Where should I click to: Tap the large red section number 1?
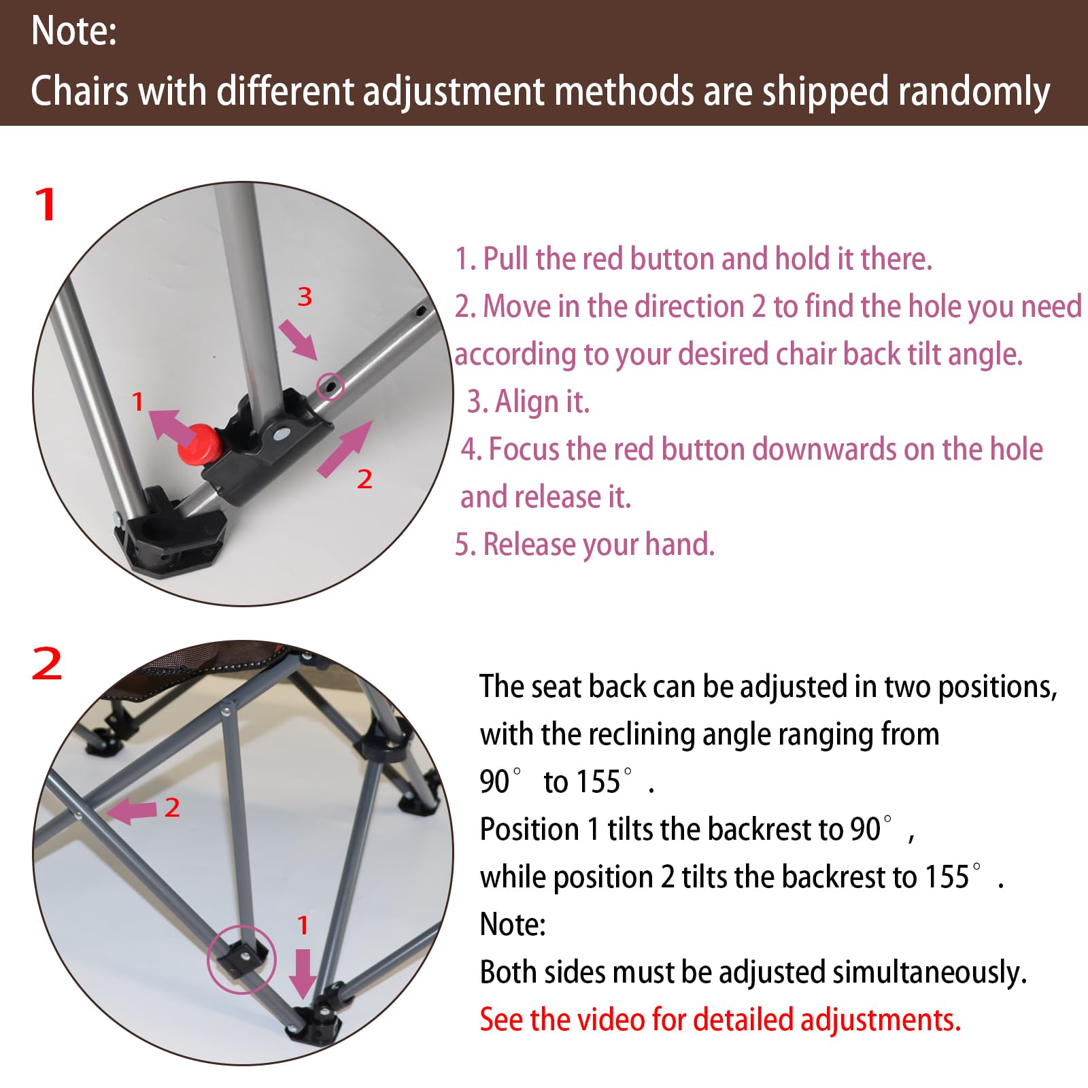tap(46, 205)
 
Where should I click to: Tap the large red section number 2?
tap(47, 664)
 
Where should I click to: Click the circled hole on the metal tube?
tap(330, 386)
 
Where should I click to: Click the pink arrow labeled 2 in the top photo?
tap(345, 448)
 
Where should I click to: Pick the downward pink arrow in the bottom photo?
tap(303, 973)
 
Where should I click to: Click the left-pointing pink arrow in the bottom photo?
tap(132, 811)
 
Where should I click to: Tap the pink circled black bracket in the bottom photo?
tap(242, 959)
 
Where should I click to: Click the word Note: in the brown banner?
tap(74, 31)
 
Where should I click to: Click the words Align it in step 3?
tap(541, 401)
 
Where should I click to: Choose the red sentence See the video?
tap(720, 1019)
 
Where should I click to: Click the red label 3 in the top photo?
tap(305, 296)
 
